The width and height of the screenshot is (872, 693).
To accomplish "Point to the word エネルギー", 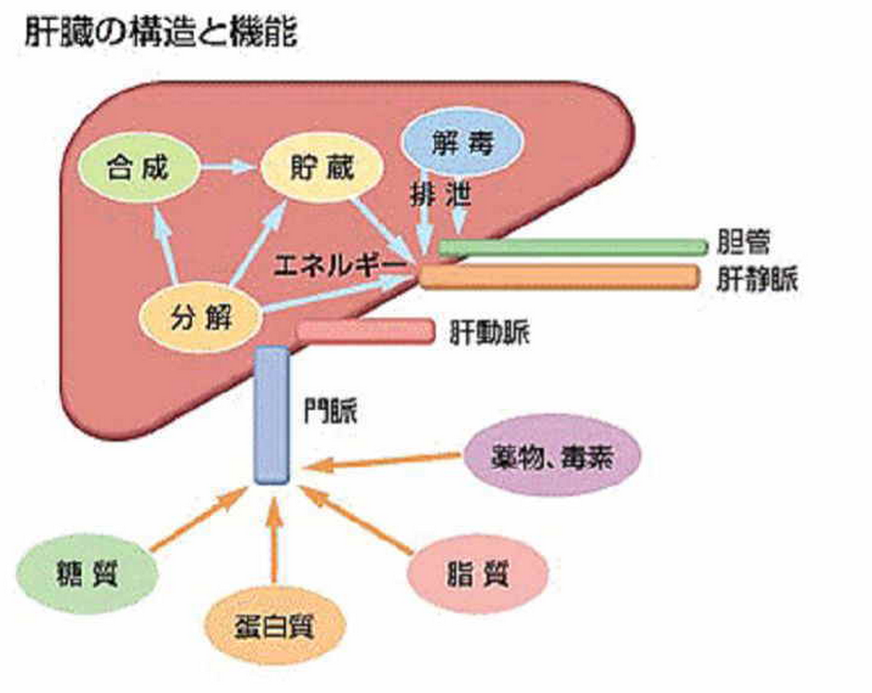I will coord(343,265).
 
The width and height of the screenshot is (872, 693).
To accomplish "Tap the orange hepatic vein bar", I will coord(559,276).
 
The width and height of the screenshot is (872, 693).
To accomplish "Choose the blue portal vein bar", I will coord(272,415).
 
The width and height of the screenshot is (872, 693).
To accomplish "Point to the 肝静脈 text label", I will coord(757,279).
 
